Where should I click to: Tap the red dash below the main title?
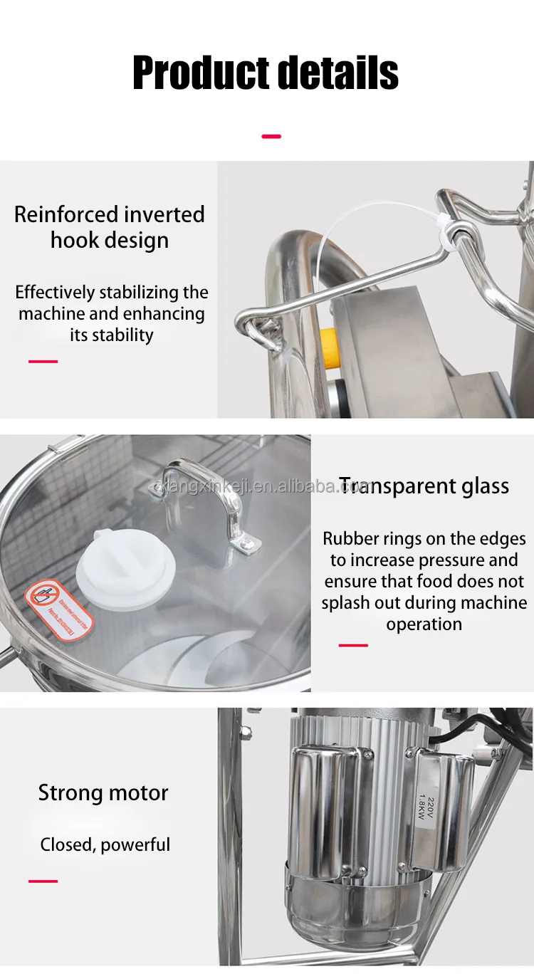[271, 136]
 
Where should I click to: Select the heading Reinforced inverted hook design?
[110, 227]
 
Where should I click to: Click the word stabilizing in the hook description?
[140, 292]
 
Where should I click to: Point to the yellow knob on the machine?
[330, 347]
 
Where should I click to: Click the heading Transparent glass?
[424, 486]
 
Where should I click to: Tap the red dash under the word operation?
[353, 645]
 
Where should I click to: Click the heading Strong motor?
[103, 792]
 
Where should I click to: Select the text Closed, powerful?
[105, 845]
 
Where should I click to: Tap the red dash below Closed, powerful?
[43, 881]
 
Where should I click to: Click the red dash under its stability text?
[43, 362]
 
